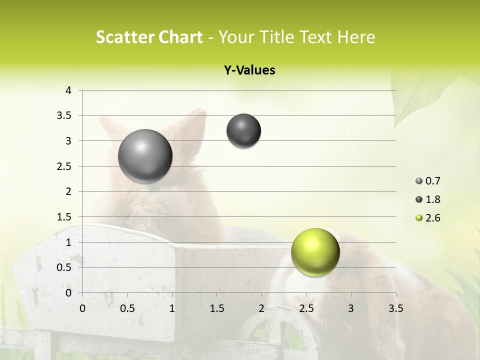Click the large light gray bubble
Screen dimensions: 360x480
tap(145, 156)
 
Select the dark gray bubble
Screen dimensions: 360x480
tap(243, 131)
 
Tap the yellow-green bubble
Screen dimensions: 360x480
tap(315, 252)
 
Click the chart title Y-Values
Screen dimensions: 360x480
tap(249, 70)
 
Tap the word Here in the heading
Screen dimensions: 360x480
tap(356, 37)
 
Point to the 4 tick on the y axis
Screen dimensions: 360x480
tap(68, 90)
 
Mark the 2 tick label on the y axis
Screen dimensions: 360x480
tap(68, 191)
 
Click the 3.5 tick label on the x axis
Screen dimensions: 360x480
tap(395, 308)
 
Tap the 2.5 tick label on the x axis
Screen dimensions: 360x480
tap(306, 308)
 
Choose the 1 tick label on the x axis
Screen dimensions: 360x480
tap(172, 308)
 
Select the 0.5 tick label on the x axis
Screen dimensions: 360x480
tap(127, 308)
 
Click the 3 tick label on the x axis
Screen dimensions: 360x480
tap(351, 308)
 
